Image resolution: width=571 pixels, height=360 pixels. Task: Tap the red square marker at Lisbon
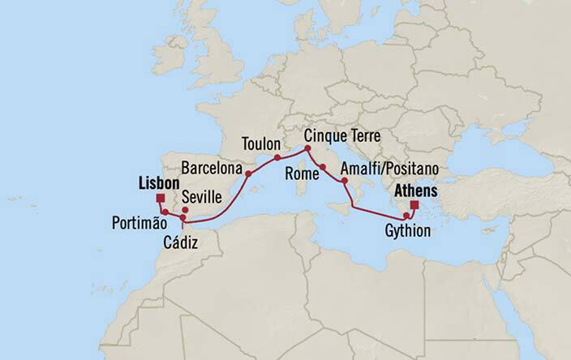pyautogui.click(x=161, y=197)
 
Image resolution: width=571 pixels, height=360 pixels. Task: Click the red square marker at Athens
pyautogui.click(x=415, y=205)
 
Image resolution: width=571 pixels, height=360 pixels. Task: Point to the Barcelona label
pyautogui.click(x=212, y=169)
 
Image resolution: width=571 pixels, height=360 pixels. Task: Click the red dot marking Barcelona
pyautogui.click(x=248, y=173)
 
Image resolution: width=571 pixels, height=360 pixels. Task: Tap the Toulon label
pyautogui.click(x=262, y=144)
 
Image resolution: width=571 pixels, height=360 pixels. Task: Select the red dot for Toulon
pyautogui.click(x=277, y=156)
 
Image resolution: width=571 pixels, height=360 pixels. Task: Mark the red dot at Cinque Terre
pyautogui.click(x=307, y=148)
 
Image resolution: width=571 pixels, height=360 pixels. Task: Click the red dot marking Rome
pyautogui.click(x=323, y=167)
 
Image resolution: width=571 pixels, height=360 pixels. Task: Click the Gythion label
pyautogui.click(x=408, y=232)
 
